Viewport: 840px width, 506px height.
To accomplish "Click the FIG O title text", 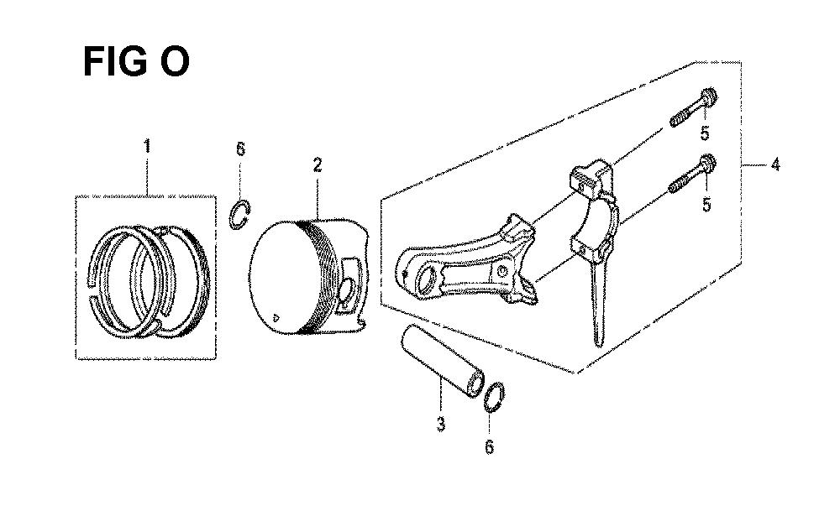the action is pos(136,62).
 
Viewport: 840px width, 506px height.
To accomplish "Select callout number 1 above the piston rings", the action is pos(146,146).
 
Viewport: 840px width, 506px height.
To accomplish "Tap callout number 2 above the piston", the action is pos(318,164).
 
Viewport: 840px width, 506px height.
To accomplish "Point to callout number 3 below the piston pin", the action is pos(440,424).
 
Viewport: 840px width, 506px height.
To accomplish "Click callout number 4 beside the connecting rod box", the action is pos(775,164).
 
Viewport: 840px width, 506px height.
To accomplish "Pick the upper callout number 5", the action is pos(705,133).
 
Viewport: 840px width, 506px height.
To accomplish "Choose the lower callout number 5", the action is pos(707,204).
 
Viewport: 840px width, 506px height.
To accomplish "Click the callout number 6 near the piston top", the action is pos(240,149).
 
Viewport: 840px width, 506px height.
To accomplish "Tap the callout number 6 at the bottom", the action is pos(489,447).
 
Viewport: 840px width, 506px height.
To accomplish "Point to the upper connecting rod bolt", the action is pos(694,107).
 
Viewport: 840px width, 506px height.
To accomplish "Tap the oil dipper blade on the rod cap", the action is pos(597,305).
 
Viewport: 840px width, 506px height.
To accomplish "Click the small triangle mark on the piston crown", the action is pos(276,317).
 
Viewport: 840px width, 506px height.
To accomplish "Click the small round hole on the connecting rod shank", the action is pos(502,272).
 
